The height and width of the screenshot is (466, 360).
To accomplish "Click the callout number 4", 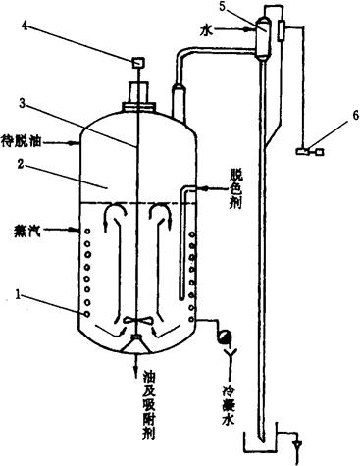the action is [x=25, y=26].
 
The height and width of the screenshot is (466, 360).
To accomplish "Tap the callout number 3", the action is [x=23, y=104].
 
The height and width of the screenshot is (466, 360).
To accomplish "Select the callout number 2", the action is [x=21, y=164].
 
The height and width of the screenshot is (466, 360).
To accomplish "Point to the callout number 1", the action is [x=18, y=295].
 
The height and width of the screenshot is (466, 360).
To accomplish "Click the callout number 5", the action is [x=223, y=7].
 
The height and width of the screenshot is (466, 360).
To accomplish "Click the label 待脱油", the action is [x=22, y=143].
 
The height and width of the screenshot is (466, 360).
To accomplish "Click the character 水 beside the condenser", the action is [x=207, y=30].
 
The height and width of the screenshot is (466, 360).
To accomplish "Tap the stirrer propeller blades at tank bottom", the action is [x=136, y=321].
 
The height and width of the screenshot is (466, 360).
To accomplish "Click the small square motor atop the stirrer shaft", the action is [x=137, y=62].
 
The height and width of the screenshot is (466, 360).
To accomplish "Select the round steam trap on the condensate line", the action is [x=224, y=336].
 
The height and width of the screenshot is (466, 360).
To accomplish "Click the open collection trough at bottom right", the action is [x=261, y=442].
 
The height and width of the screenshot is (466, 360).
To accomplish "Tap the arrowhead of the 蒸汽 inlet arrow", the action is [x=76, y=230].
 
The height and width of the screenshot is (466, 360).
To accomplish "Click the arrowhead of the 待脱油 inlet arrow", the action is [x=74, y=143].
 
